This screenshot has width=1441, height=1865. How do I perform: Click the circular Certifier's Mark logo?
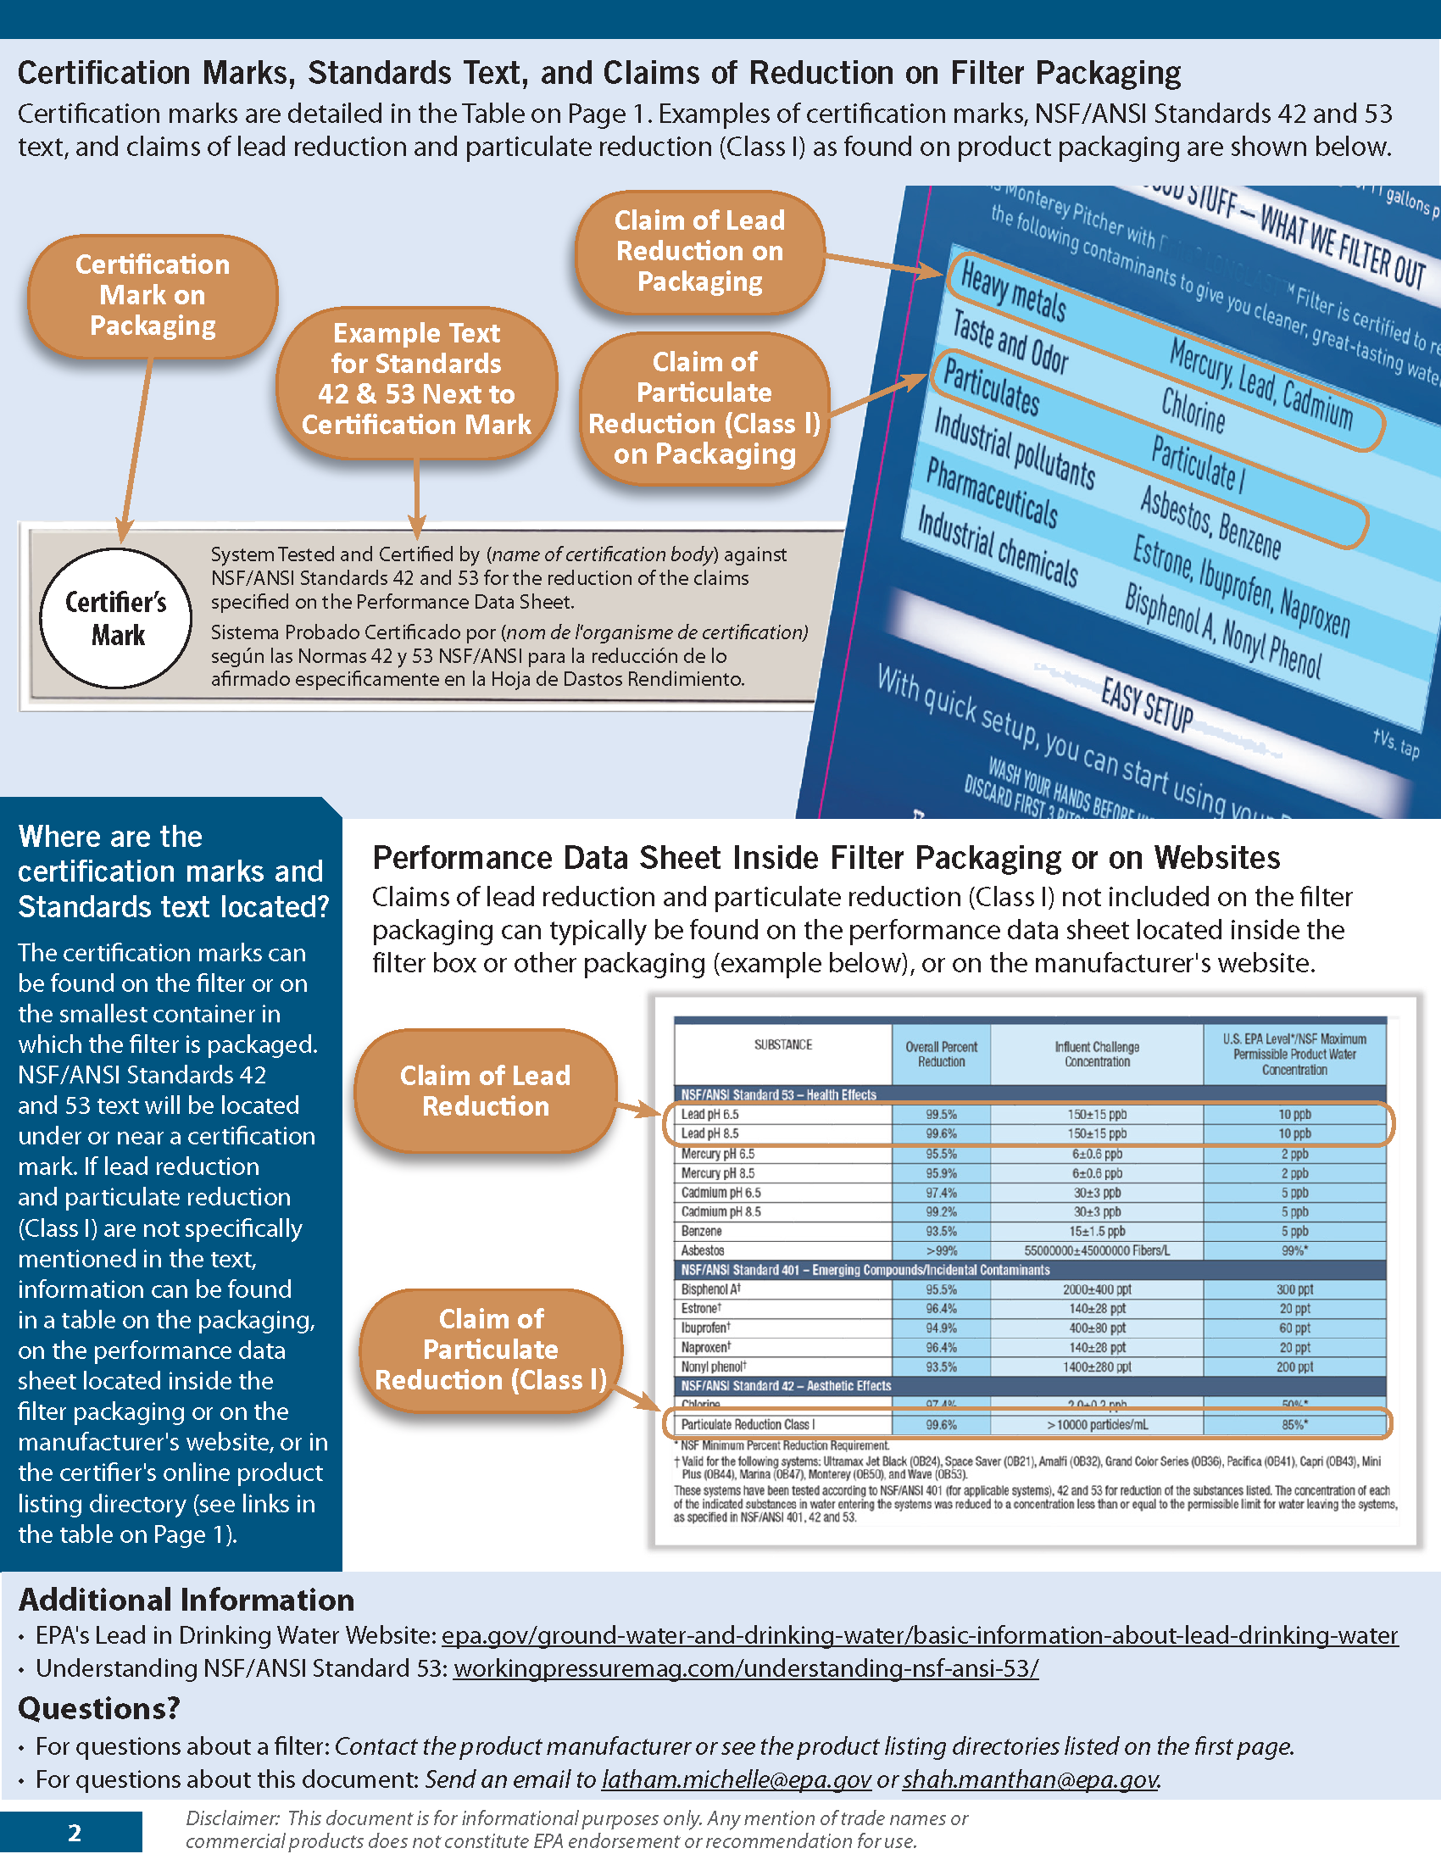point(115,618)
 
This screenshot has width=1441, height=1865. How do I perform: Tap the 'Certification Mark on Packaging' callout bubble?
point(153,296)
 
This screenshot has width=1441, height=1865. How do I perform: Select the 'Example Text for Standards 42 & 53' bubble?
point(416,379)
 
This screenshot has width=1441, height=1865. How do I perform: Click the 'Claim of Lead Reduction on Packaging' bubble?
point(700,251)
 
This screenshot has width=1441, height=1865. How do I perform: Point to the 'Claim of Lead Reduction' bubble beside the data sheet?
point(485,1090)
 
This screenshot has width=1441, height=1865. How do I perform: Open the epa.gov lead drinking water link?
point(920,1635)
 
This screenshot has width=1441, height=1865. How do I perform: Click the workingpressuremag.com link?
point(745,1668)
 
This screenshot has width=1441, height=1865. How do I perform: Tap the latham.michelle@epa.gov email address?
point(736,1779)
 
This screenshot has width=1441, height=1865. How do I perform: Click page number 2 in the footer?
point(75,1834)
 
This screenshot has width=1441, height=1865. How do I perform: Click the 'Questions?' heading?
point(99,1709)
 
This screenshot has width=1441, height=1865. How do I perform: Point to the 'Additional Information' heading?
point(186,1600)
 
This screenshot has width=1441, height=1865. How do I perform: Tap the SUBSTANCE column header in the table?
point(783,1044)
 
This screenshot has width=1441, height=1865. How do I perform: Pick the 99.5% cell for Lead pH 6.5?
point(941,1115)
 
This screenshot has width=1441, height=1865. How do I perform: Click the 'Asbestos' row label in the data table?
point(703,1251)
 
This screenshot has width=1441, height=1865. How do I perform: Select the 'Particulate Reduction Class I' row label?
point(748,1424)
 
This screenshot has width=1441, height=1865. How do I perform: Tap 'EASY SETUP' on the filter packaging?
point(1146,705)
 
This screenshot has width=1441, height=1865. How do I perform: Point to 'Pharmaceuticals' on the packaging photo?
point(991,493)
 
